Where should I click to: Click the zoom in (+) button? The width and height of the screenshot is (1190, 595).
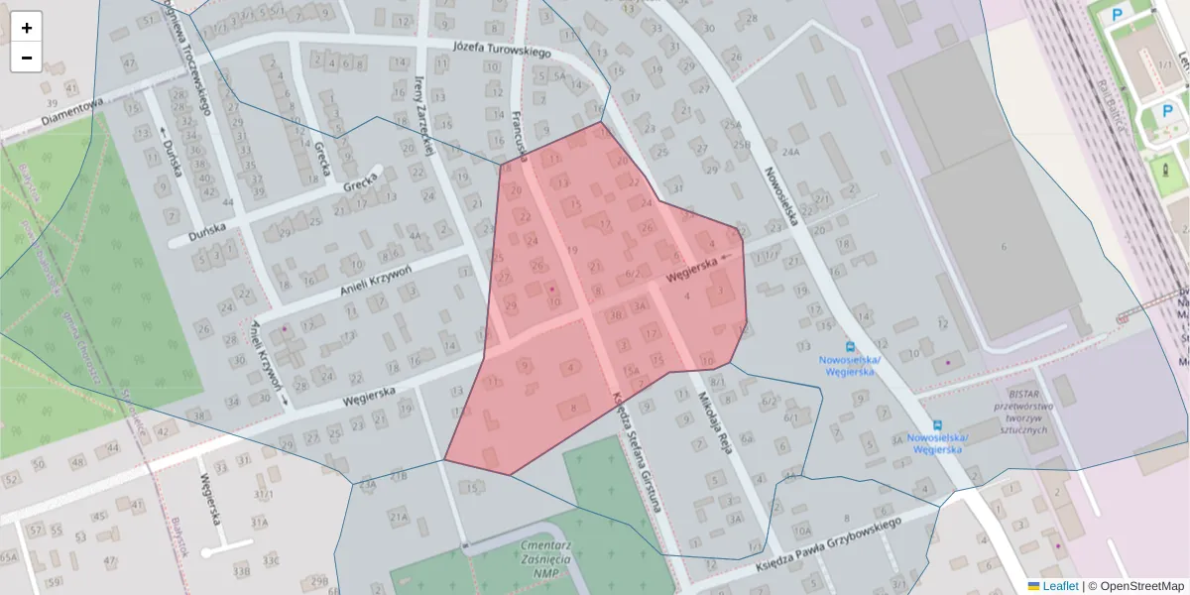click(x=27, y=28)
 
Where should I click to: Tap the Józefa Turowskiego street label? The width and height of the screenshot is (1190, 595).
click(x=500, y=49)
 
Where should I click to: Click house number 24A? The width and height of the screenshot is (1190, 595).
click(x=790, y=153)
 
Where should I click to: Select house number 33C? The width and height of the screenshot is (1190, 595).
click(x=271, y=561)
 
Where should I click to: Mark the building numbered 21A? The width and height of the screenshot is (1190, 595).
click(x=400, y=517)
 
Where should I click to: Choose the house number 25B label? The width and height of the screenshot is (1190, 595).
click(x=742, y=145)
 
